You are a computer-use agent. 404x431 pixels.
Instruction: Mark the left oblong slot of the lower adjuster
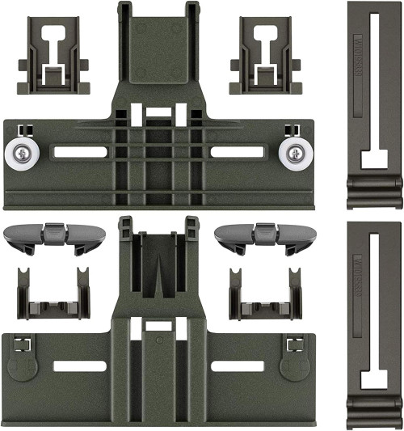(x=81, y=366)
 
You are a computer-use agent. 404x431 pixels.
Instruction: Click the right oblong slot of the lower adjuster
(x=237, y=366)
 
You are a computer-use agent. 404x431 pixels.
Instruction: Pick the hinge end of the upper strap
(x=374, y=194)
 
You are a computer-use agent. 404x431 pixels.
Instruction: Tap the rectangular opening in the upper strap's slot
(x=374, y=158)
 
